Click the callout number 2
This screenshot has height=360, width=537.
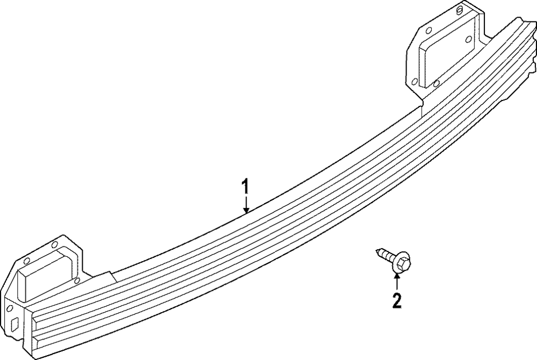pos(397,300)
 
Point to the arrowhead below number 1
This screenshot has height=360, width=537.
pos(245,210)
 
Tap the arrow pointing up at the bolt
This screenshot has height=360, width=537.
pos(397,279)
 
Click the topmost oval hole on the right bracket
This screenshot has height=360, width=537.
pos(461,10)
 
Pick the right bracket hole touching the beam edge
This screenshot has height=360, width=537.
pos(436,83)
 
